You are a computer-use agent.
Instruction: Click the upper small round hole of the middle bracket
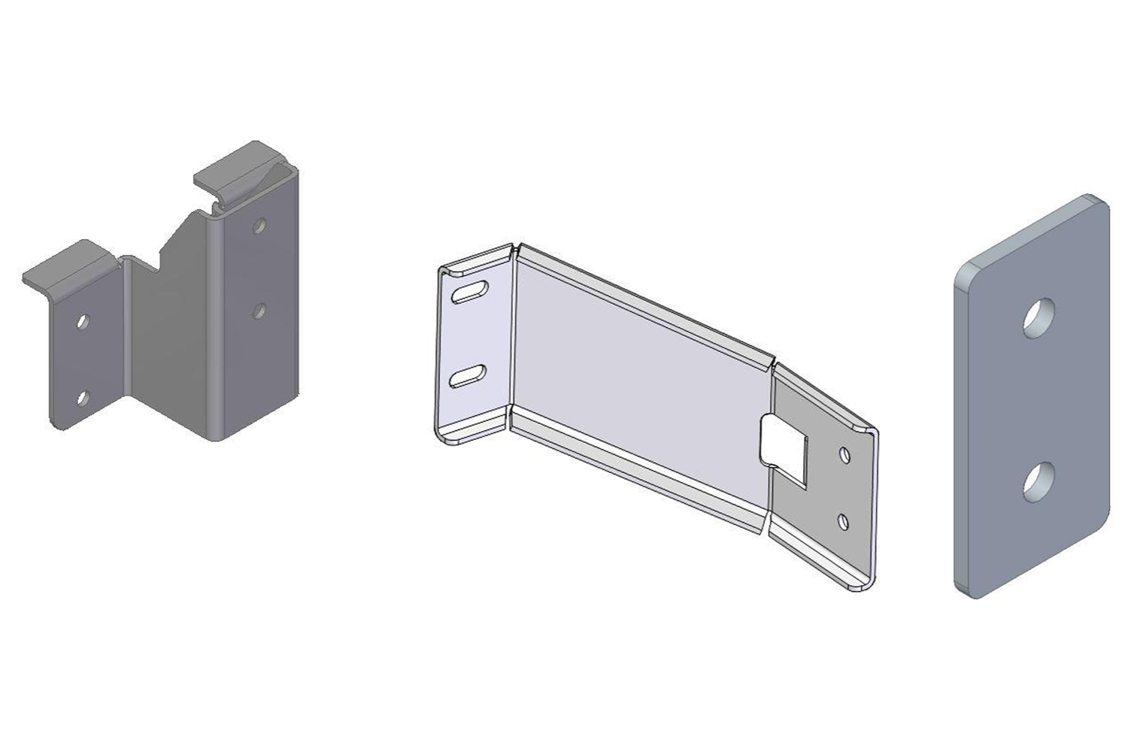(x=845, y=454)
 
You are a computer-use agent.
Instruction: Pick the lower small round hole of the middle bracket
(x=844, y=520)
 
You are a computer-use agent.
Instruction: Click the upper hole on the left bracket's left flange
(x=83, y=321)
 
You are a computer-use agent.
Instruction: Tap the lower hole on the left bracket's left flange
(x=83, y=396)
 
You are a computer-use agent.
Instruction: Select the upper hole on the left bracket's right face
(x=259, y=224)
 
